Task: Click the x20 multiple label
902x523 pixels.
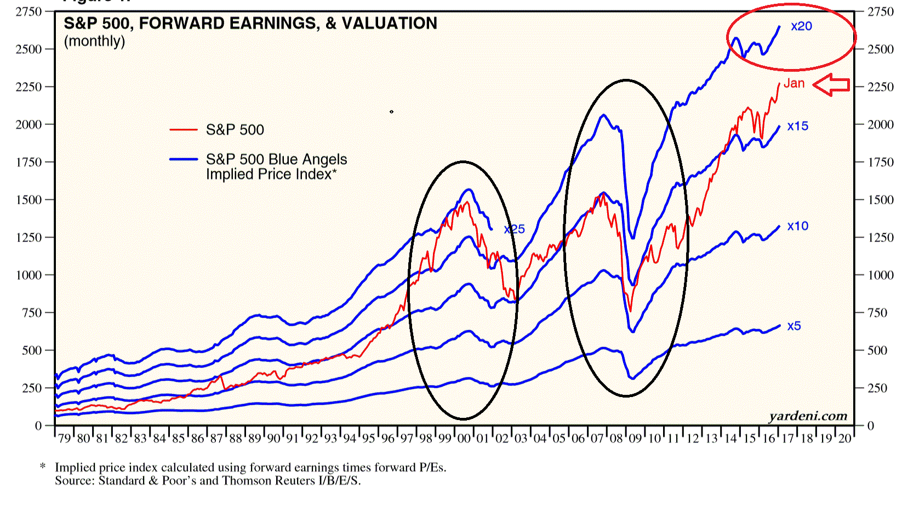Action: [801, 26]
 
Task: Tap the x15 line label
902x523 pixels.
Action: [797, 126]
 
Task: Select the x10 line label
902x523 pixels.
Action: [797, 226]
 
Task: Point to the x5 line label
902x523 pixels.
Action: [794, 326]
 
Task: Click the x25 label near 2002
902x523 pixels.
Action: [514, 229]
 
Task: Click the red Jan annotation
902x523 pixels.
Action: [794, 83]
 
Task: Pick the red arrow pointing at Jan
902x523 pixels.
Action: [831, 85]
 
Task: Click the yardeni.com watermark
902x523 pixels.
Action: [808, 416]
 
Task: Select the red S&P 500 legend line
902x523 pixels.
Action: [184, 130]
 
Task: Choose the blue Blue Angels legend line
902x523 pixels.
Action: [184, 159]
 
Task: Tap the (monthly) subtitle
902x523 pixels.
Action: [94, 42]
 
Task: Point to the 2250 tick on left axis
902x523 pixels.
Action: [28, 87]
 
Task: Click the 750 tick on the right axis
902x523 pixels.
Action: [876, 313]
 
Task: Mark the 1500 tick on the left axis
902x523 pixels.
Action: [28, 200]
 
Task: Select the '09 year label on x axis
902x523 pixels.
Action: [635, 439]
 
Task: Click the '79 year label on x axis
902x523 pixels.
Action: [65, 439]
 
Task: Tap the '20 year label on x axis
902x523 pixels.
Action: [844, 439]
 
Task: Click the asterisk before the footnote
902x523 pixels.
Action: [43, 467]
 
